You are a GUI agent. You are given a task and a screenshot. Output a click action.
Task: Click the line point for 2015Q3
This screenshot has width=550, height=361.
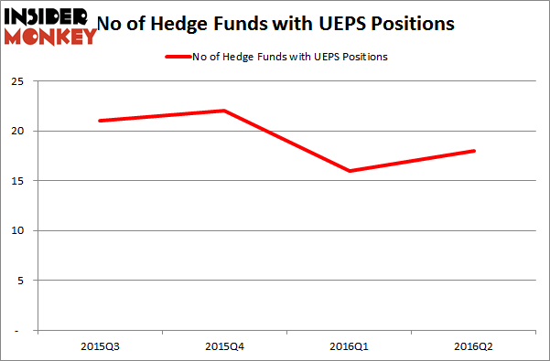98,121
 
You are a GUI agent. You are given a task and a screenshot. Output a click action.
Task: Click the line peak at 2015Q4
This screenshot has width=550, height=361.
223,111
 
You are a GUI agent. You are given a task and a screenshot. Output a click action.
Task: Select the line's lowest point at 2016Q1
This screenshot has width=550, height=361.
349,170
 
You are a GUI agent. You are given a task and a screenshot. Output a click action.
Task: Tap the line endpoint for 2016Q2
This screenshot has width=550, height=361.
474,151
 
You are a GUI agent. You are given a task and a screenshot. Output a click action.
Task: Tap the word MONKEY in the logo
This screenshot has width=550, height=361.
51,37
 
